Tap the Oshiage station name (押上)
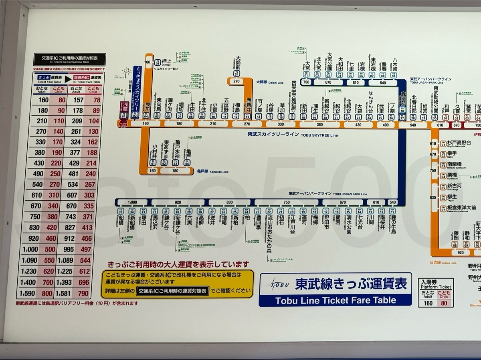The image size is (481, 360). coord(166,61)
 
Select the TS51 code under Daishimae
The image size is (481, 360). coord(236,74)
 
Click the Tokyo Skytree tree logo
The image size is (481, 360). coord(127,72)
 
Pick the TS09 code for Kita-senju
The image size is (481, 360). coord(202,116)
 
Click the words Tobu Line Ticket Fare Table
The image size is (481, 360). coord(335,300)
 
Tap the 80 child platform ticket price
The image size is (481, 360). coord(445,303)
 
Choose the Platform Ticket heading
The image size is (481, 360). coord(436,287)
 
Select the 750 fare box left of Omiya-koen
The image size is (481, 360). coord(306,82)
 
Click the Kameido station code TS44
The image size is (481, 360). coord(187,163)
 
